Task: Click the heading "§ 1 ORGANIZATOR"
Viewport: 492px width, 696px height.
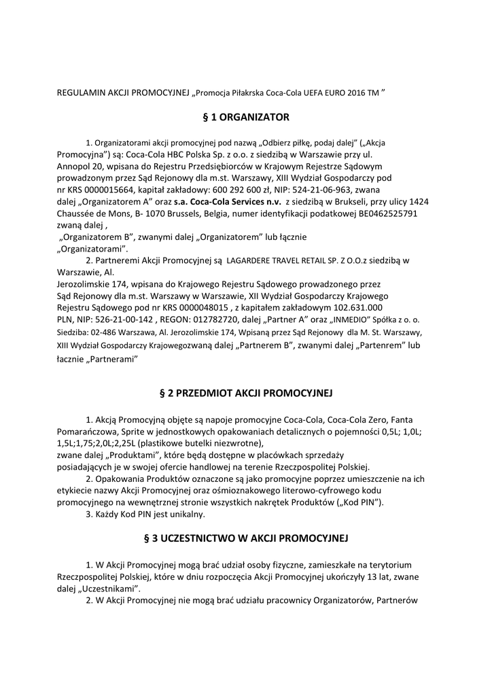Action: [x=245, y=117]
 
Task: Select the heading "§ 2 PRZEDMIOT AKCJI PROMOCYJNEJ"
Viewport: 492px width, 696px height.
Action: [x=245, y=393]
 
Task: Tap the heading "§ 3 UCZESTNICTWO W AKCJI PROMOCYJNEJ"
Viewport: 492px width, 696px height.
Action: [x=245, y=538]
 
